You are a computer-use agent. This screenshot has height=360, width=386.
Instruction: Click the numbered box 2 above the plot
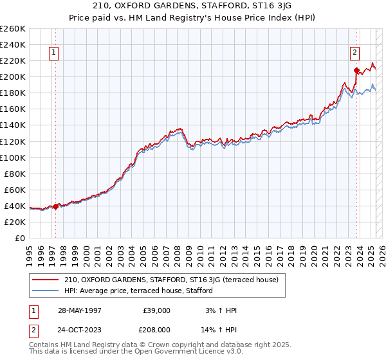pyautogui.click(x=354, y=53)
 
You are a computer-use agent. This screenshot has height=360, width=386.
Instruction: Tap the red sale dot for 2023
pyautogui.click(x=356, y=70)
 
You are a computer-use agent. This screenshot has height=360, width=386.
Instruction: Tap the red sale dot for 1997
pyautogui.click(x=56, y=206)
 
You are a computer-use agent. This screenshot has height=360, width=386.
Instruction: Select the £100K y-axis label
pyautogui.click(x=14, y=157)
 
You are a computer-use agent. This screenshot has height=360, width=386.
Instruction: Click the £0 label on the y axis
pyautogui.click(x=21, y=238)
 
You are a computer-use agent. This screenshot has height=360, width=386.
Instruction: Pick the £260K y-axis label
pyautogui.click(x=14, y=28)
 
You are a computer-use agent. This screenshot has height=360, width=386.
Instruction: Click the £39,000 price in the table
pyautogui.click(x=157, y=310)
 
